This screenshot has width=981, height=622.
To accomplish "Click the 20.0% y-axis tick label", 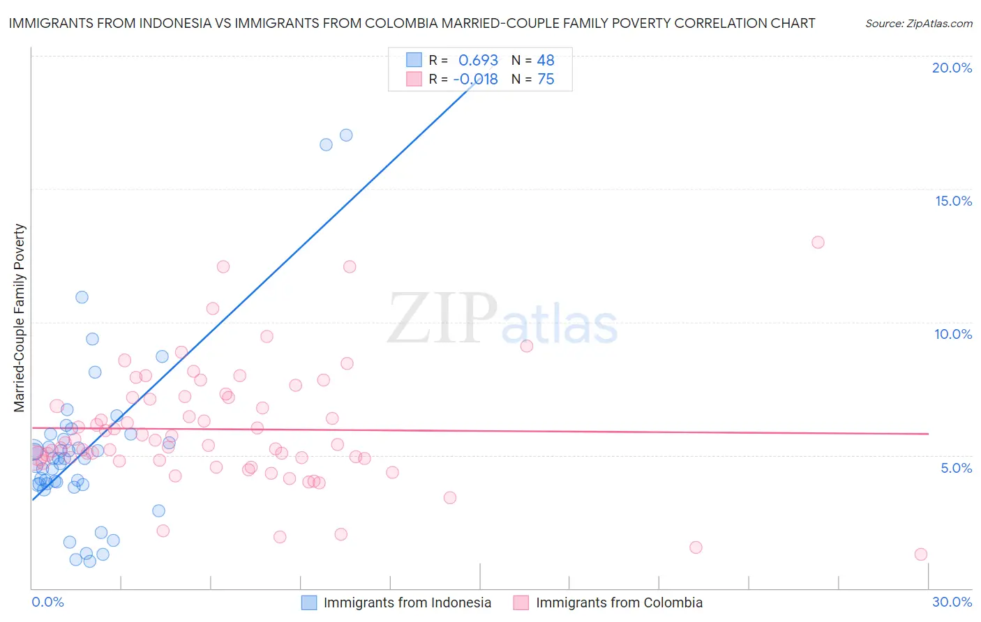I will [952, 68].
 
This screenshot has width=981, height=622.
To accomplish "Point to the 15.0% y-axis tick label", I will [953, 201].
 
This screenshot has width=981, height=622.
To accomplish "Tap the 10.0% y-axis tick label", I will [953, 334].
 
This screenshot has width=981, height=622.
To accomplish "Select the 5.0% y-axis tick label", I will [956, 468].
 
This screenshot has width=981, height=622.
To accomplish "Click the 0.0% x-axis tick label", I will [47, 602].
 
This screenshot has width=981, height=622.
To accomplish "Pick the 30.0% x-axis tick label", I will [952, 602].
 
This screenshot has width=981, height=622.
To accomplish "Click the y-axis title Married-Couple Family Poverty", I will [20, 318].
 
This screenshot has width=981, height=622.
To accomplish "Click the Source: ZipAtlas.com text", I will [918, 24].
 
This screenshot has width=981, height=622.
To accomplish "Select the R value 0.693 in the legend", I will [478, 60].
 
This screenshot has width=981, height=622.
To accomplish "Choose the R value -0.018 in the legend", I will [476, 79].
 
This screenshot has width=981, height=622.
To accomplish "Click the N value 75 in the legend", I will [546, 79].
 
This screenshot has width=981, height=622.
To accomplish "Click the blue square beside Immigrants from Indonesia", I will [309, 602].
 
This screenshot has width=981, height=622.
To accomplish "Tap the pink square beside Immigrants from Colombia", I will [521, 602].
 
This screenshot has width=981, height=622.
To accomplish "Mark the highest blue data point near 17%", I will [346, 135].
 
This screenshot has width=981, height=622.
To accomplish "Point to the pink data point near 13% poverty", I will [818, 243].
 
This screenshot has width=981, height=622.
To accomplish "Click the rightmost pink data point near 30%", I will [921, 554].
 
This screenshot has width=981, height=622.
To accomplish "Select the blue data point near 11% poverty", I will [82, 297].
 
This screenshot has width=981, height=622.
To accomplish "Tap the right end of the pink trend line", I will [928, 434].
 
